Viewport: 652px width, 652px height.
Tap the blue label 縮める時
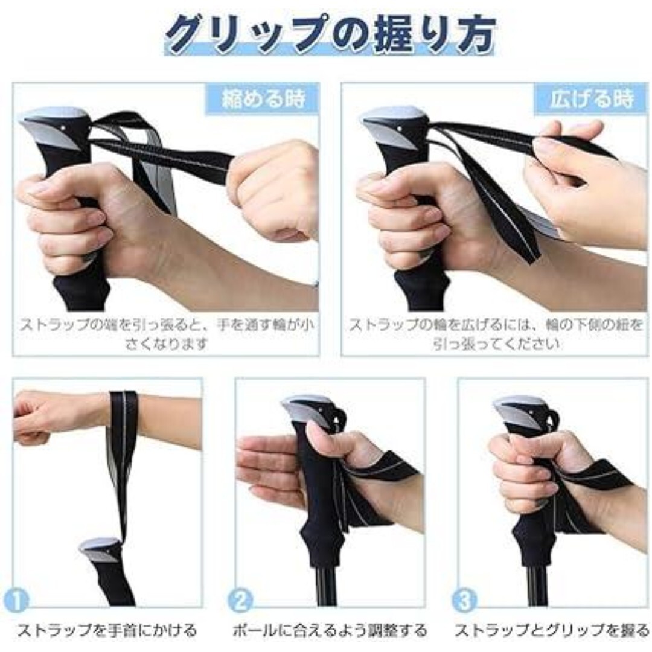click(x=263, y=99)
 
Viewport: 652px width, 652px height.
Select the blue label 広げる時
click(x=592, y=99)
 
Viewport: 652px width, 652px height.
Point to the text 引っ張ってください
click(x=496, y=344)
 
